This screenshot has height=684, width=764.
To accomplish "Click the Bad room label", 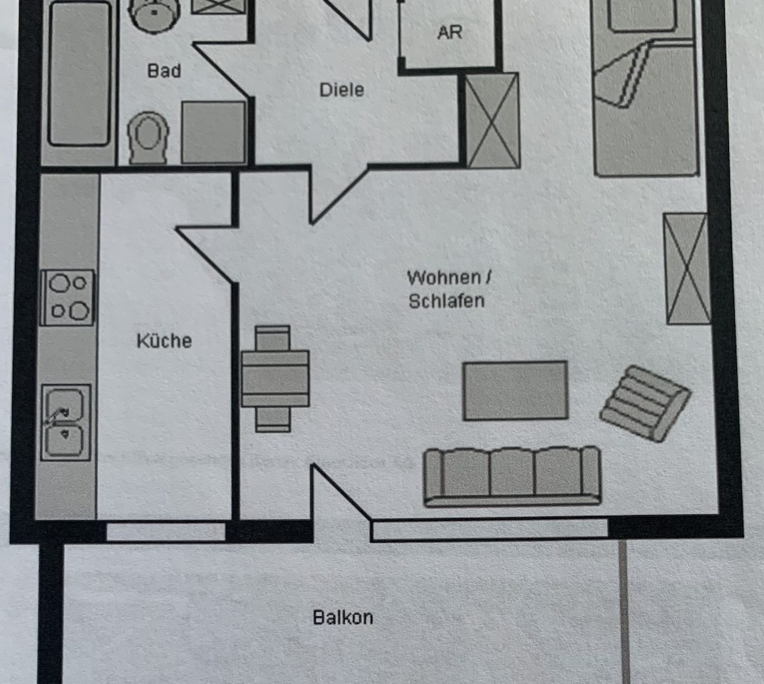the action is (164, 71).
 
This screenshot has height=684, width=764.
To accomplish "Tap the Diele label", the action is (341, 90).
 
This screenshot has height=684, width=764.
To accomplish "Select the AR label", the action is (449, 33).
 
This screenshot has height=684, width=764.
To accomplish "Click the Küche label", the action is (164, 341).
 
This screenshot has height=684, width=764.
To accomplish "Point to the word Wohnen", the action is (444, 278).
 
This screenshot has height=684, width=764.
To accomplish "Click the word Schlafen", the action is (446, 301).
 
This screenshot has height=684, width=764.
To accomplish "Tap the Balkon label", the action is (343, 617).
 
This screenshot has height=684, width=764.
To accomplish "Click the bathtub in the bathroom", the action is (79, 73).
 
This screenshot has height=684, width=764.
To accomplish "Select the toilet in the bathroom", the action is (148, 138).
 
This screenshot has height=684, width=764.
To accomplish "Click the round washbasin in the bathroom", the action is (153, 15).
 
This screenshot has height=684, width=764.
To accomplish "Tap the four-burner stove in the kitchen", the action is (67, 297).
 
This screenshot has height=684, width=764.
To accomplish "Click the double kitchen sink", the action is (66, 423).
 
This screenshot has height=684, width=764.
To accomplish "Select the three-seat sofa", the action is (512, 477).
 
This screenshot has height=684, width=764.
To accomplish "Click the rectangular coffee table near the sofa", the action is (515, 390).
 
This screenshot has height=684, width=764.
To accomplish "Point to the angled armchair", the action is (644, 403).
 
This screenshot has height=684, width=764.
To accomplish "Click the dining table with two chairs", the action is (275, 378).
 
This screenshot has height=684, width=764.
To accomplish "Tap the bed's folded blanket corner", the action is (622, 74).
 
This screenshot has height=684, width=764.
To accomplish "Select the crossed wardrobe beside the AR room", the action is (492, 120).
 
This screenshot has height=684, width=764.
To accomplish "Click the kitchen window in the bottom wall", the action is (165, 531).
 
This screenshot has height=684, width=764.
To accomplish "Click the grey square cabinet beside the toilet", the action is (213, 132).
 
